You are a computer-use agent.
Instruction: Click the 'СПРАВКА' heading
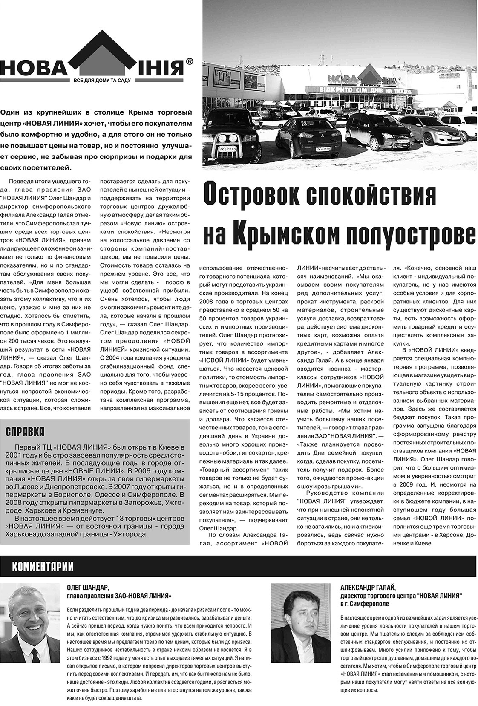[x=25, y=432]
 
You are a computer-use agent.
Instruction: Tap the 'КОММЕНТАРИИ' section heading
[x=43, y=567]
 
